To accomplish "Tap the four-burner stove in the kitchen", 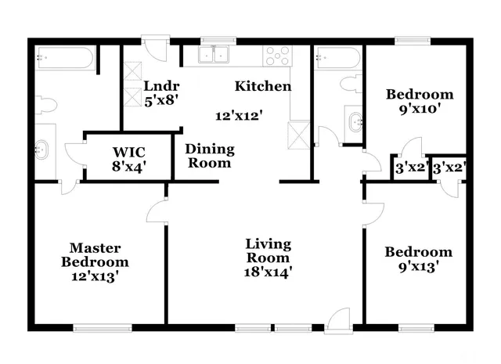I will [x=277, y=56].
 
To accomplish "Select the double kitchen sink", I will [x=213, y=54].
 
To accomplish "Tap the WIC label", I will [x=129, y=150].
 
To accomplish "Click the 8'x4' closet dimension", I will [x=129, y=165].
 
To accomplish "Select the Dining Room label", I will [x=209, y=156].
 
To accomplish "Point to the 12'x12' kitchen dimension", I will [x=239, y=115].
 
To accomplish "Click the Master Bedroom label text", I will [x=95, y=254].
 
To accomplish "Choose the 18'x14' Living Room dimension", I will [x=269, y=272].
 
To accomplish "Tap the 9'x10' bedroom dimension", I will [x=420, y=109].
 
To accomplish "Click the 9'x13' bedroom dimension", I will [x=418, y=266].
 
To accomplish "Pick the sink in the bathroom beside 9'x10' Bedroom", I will [x=355, y=121].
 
